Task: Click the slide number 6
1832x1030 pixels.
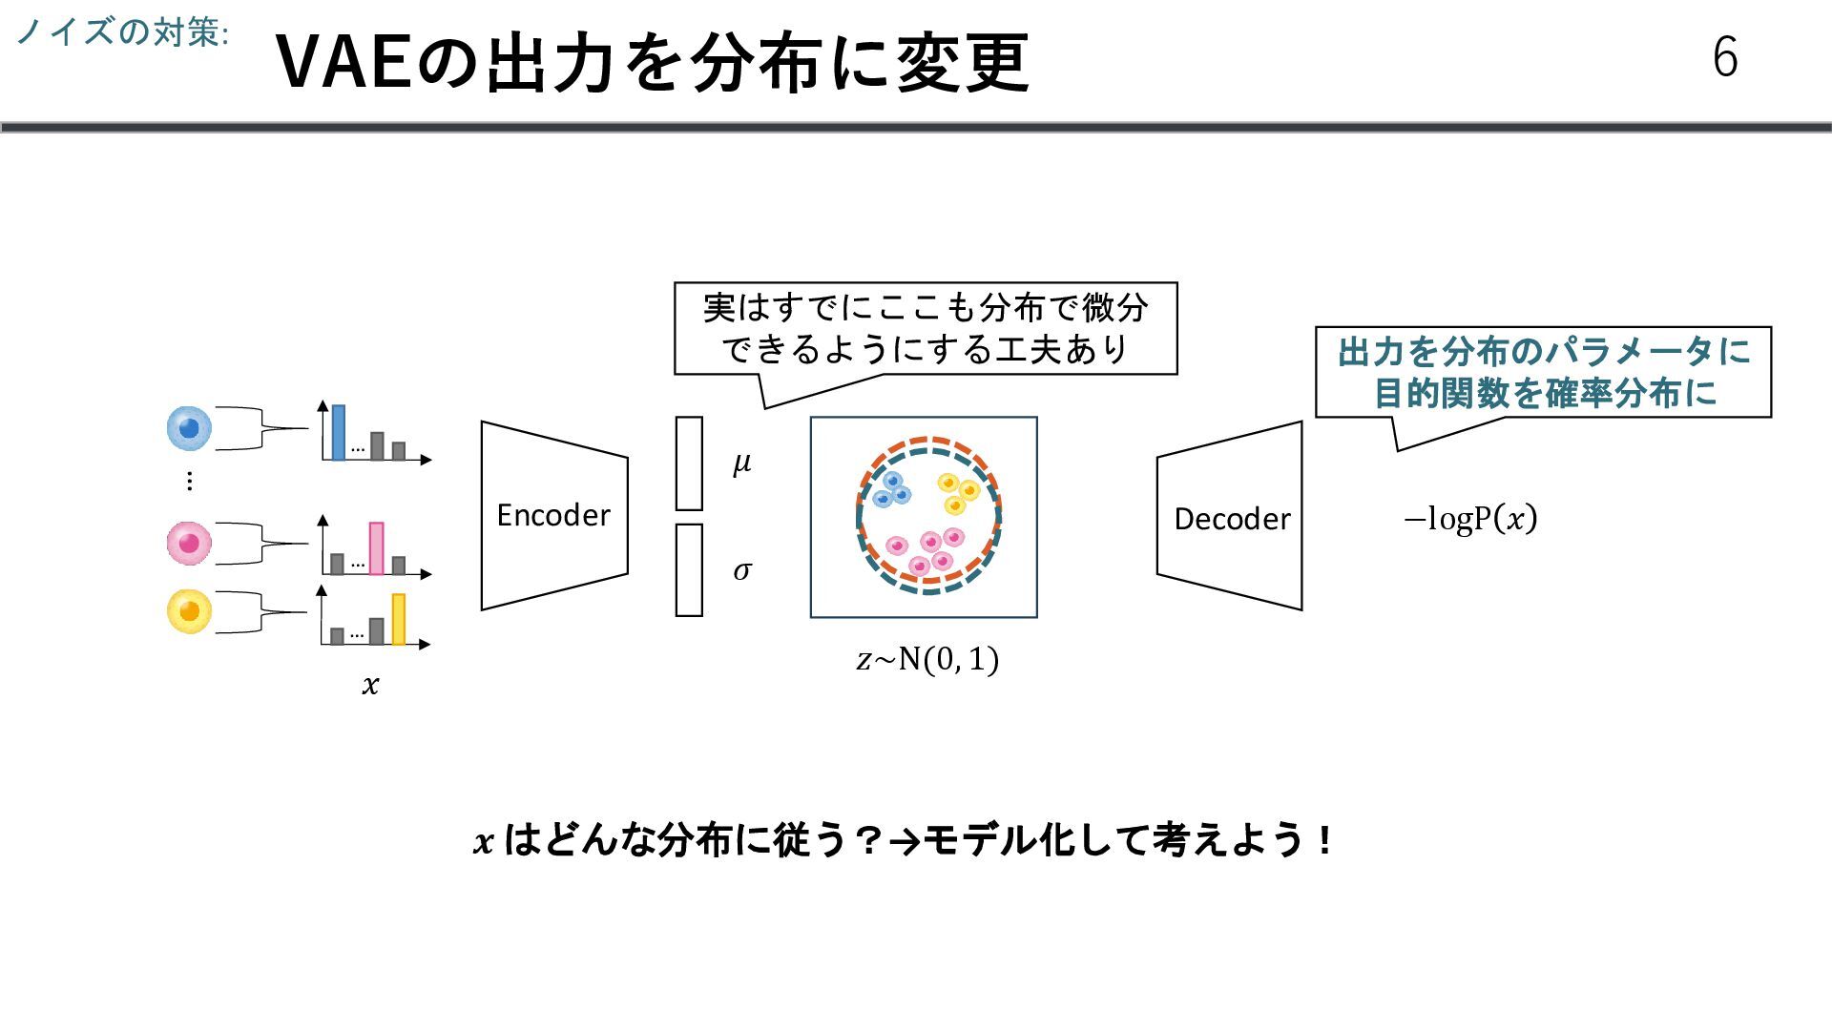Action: (1725, 57)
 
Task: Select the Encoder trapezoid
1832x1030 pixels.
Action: (553, 515)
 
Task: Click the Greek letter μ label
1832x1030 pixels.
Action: (741, 463)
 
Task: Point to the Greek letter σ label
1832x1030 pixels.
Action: (741, 570)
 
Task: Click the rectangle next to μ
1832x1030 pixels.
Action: (689, 463)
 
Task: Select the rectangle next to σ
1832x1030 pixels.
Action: (689, 570)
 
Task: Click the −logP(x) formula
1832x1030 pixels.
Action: (1470, 519)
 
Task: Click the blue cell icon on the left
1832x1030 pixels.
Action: (189, 428)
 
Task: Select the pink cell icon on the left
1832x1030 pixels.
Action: (189, 544)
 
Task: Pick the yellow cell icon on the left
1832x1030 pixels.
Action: (189, 610)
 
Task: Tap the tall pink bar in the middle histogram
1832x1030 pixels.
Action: (376, 548)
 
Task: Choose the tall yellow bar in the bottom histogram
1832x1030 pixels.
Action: (398, 619)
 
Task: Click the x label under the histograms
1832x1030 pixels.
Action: (370, 685)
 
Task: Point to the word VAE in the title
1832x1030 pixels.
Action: (345, 63)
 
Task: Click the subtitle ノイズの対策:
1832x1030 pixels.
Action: (122, 32)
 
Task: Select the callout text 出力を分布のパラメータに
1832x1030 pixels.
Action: (1543, 352)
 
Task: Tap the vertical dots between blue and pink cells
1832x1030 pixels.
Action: (189, 481)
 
